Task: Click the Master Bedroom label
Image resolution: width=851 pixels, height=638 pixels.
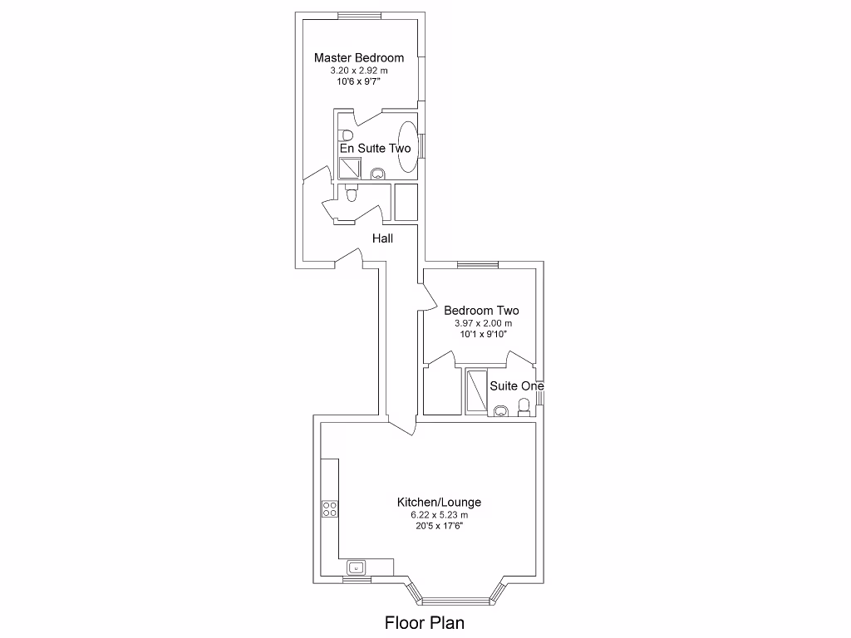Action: pyautogui.click(x=359, y=58)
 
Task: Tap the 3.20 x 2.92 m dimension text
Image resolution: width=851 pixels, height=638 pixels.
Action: pyautogui.click(x=359, y=71)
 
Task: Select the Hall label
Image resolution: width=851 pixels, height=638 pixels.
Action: pyautogui.click(x=382, y=238)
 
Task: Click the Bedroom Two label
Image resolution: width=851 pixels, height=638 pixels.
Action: pyautogui.click(x=481, y=311)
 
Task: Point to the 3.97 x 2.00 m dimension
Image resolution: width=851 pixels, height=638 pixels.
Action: pyautogui.click(x=483, y=323)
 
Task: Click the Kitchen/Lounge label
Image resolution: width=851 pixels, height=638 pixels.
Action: pyautogui.click(x=439, y=503)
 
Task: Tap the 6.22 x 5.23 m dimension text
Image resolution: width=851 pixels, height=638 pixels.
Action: pyautogui.click(x=439, y=515)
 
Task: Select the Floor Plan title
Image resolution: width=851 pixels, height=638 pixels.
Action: pyautogui.click(x=425, y=622)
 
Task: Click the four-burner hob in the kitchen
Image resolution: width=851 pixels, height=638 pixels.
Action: pyautogui.click(x=330, y=509)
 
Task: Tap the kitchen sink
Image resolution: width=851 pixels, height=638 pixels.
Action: pyautogui.click(x=356, y=567)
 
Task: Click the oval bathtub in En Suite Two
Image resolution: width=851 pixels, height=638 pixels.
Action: pyautogui.click(x=408, y=146)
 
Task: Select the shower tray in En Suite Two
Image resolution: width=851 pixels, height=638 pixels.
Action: pyautogui.click(x=350, y=168)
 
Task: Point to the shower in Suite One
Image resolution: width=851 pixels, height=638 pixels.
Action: pyautogui.click(x=476, y=390)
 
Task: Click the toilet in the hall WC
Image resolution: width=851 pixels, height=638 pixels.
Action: pyautogui.click(x=352, y=193)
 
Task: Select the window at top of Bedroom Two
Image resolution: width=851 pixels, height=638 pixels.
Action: pyautogui.click(x=478, y=265)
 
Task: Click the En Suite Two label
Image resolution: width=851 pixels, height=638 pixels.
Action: pyautogui.click(x=375, y=148)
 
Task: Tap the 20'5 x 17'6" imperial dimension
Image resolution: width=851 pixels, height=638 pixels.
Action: pyautogui.click(x=439, y=526)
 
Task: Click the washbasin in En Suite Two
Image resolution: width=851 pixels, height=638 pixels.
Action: pyautogui.click(x=378, y=174)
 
